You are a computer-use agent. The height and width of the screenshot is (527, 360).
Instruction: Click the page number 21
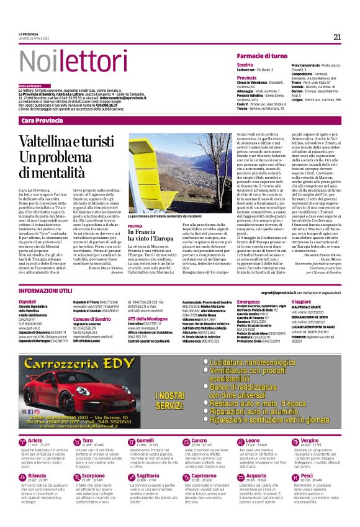[337, 37]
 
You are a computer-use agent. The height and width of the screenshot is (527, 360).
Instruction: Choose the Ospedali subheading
[28, 301]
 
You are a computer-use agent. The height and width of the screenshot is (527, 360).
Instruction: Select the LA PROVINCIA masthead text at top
[29, 34]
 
